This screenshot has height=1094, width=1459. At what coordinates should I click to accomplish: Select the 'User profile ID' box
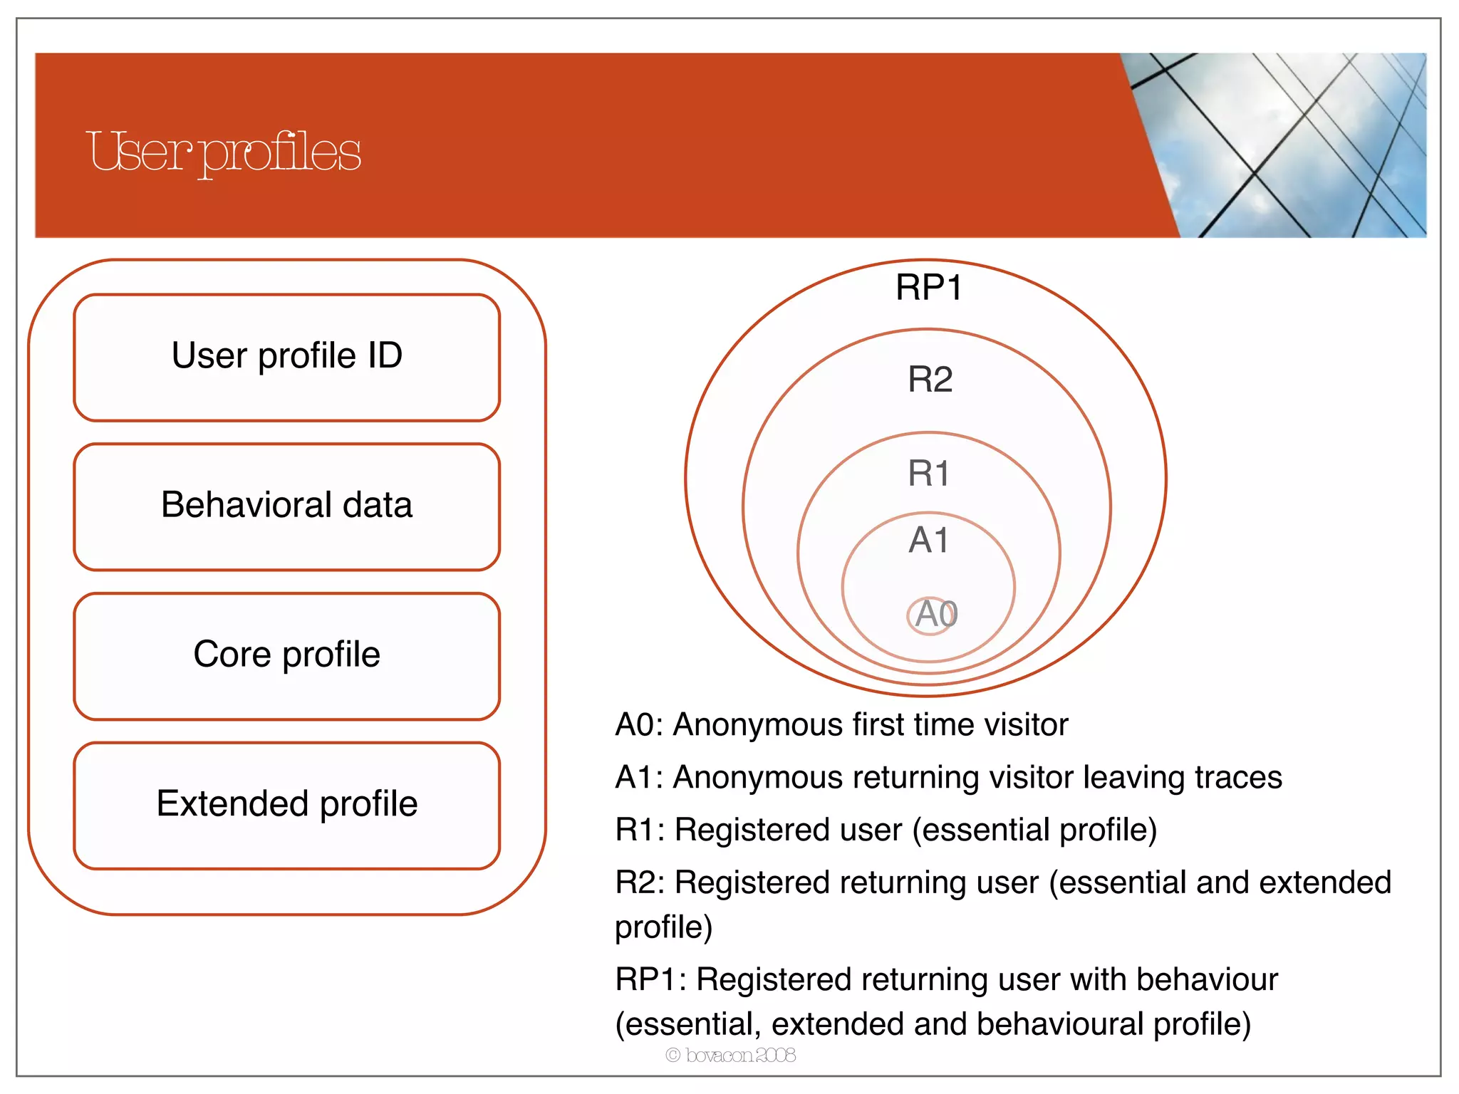pyautogui.click(x=286, y=356)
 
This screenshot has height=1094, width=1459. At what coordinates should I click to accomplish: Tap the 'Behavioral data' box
pyautogui.click(x=286, y=506)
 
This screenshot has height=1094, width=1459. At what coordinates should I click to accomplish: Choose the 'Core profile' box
pyautogui.click(x=286, y=655)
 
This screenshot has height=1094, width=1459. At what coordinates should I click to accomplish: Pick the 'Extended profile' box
pyautogui.click(x=286, y=805)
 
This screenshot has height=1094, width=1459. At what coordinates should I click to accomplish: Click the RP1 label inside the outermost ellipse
pyautogui.click(x=929, y=288)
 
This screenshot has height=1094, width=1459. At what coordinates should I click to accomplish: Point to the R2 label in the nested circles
pyautogui.click(x=930, y=379)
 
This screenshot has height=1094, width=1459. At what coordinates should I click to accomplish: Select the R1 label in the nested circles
pyautogui.click(x=929, y=474)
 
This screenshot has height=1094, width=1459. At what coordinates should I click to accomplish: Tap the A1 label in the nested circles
pyautogui.click(x=929, y=541)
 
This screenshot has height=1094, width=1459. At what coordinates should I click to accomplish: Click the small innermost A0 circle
pyautogui.click(x=930, y=615)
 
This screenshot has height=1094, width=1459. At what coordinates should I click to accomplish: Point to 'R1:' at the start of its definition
pyautogui.click(x=640, y=830)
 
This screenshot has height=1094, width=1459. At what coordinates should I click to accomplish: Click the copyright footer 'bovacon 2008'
pyautogui.click(x=731, y=1056)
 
